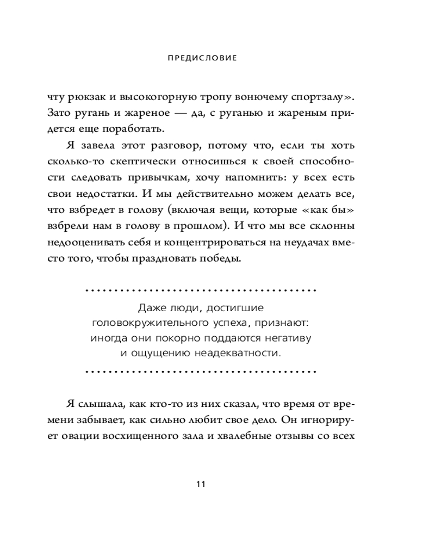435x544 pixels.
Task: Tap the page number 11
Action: (x=201, y=484)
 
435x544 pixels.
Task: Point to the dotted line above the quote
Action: (x=201, y=290)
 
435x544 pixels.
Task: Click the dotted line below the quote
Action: (x=201, y=373)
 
